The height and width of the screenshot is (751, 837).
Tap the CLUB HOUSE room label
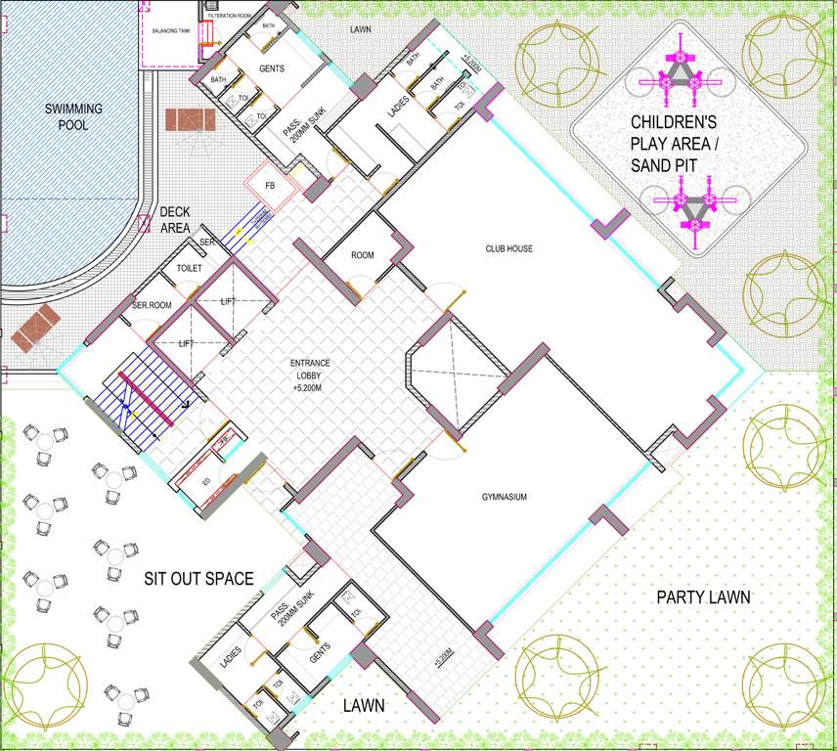pyautogui.click(x=508, y=249)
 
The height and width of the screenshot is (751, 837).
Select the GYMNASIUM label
pyautogui.click(x=505, y=498)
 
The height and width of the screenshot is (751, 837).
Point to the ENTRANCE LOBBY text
pyautogui.click(x=310, y=375)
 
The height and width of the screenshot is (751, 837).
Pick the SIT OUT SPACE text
pyautogui.click(x=199, y=579)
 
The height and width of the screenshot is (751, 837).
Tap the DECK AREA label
pyautogui.click(x=175, y=219)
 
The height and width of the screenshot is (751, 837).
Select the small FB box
pyautogui.click(x=270, y=185)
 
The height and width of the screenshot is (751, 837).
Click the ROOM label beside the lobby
pyautogui.click(x=363, y=256)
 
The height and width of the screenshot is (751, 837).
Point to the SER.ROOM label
pyautogui.click(x=152, y=306)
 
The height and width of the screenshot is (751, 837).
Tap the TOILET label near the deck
pyautogui.click(x=189, y=268)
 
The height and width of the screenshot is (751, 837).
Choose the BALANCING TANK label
pyautogui.click(x=169, y=31)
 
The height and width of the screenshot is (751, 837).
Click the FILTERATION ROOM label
pyautogui.click(x=231, y=17)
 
